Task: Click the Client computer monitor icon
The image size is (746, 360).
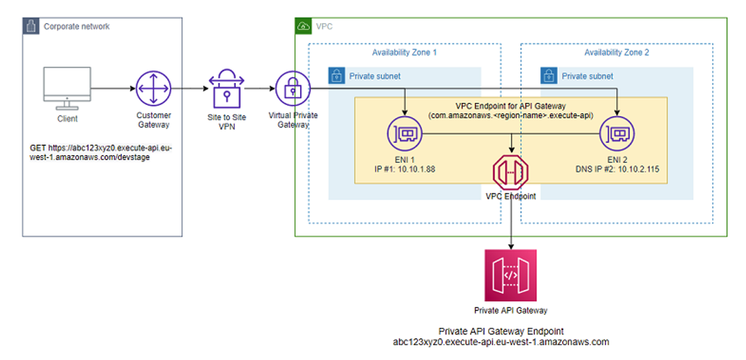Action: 67,88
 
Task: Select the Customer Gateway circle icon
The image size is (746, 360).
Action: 154,89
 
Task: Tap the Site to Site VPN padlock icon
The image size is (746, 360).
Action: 227,89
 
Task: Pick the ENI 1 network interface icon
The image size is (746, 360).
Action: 405,134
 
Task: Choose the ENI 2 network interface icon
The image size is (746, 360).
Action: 617,134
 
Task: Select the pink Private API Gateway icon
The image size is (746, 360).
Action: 511,275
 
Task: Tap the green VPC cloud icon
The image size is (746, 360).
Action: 303,26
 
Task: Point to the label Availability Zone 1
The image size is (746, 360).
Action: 404,52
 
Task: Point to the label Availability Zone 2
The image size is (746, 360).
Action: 616,52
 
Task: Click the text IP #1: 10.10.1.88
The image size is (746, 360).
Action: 405,170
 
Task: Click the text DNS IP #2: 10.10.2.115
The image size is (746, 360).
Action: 617,170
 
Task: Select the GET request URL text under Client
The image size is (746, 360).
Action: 101,153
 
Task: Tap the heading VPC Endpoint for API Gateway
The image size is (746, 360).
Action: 510,106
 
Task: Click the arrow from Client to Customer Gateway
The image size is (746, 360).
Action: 112,89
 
